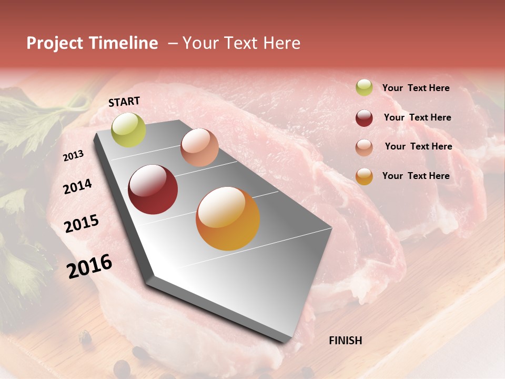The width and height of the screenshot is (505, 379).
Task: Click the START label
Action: [124, 102]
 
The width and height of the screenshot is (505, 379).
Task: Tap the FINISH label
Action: [346, 341]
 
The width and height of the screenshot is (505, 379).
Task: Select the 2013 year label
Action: [73, 156]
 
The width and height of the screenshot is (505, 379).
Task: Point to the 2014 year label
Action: [78, 186]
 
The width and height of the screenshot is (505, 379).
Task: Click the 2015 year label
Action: [82, 224]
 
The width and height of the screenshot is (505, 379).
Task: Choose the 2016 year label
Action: [89, 266]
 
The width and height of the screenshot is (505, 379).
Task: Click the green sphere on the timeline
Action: [128, 129]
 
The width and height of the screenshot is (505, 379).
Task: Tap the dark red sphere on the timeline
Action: [153, 189]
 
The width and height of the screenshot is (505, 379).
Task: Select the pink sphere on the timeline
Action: [199, 147]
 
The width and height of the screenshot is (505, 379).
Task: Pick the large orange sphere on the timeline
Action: [228, 218]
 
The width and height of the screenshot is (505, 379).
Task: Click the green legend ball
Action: [364, 88]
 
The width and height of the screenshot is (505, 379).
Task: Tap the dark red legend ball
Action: [364, 118]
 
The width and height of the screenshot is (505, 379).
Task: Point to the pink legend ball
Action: [364, 147]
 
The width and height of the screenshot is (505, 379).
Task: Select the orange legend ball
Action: [364, 176]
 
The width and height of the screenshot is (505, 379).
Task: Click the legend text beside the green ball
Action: [416, 88]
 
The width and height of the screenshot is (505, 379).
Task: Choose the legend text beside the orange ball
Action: [416, 176]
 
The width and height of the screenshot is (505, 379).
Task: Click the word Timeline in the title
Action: [124, 43]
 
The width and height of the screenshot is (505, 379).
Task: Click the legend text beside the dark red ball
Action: [417, 117]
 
